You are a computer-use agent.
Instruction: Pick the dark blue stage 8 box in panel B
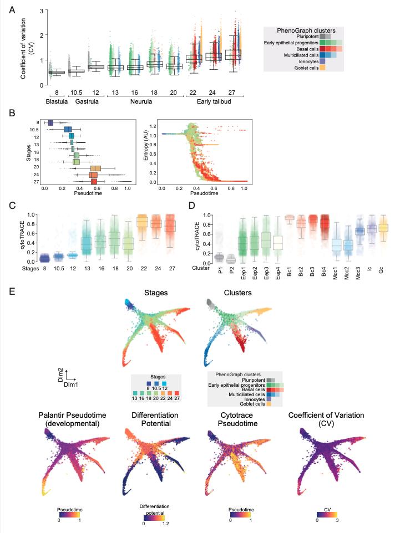coord(50,122)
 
